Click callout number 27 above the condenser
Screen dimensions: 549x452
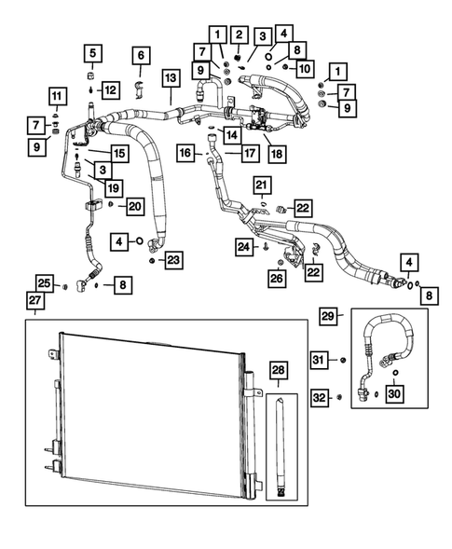pyautogui.click(x=34, y=300)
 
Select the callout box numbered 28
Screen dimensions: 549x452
pyautogui.click(x=279, y=372)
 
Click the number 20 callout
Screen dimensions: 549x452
pyautogui.click(x=134, y=205)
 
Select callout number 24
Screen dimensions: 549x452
pyautogui.click(x=243, y=247)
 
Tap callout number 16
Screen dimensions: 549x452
pyautogui.click(x=185, y=152)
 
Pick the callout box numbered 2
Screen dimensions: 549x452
pyautogui.click(x=240, y=34)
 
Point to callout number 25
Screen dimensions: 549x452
pyautogui.click(x=44, y=283)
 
